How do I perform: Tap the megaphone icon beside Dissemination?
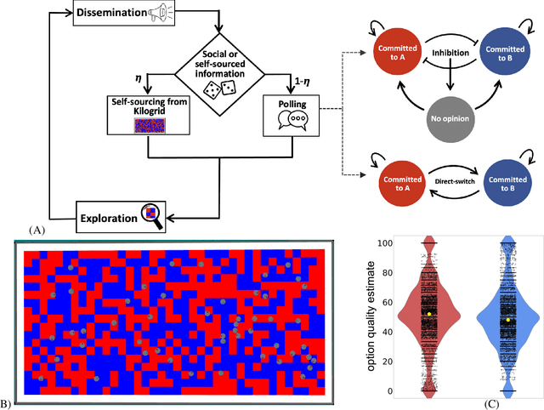click(162, 14)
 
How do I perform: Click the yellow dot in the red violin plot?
click(430, 314)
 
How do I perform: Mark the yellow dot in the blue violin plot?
click(508, 320)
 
